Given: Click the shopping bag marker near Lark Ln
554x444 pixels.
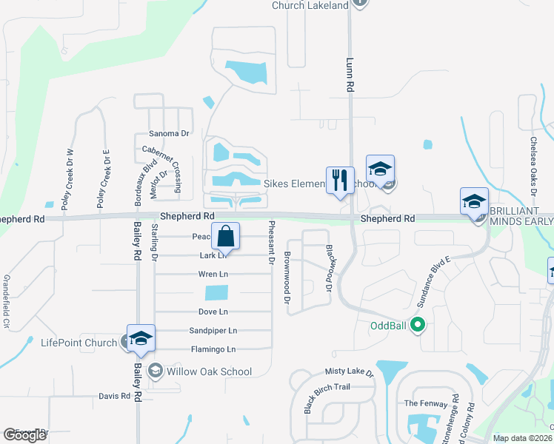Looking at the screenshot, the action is click(227, 238).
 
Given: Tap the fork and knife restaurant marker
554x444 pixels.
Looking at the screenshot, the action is click(340, 180).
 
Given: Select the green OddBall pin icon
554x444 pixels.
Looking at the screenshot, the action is click(417, 324).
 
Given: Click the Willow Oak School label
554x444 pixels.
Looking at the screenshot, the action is click(210, 371).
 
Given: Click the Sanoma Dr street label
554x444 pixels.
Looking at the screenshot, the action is click(170, 134).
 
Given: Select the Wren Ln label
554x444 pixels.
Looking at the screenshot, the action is click(213, 274).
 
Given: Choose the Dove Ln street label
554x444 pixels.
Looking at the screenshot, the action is click(213, 312).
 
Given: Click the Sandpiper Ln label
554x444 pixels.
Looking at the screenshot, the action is click(213, 331).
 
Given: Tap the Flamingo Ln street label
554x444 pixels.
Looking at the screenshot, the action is click(213, 349).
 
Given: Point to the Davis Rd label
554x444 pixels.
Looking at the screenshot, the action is click(114, 396).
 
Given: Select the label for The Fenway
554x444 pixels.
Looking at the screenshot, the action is click(425, 403).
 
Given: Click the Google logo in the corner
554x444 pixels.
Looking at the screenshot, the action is click(24, 435).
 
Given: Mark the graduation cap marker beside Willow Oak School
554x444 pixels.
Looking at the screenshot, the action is click(141, 339).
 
